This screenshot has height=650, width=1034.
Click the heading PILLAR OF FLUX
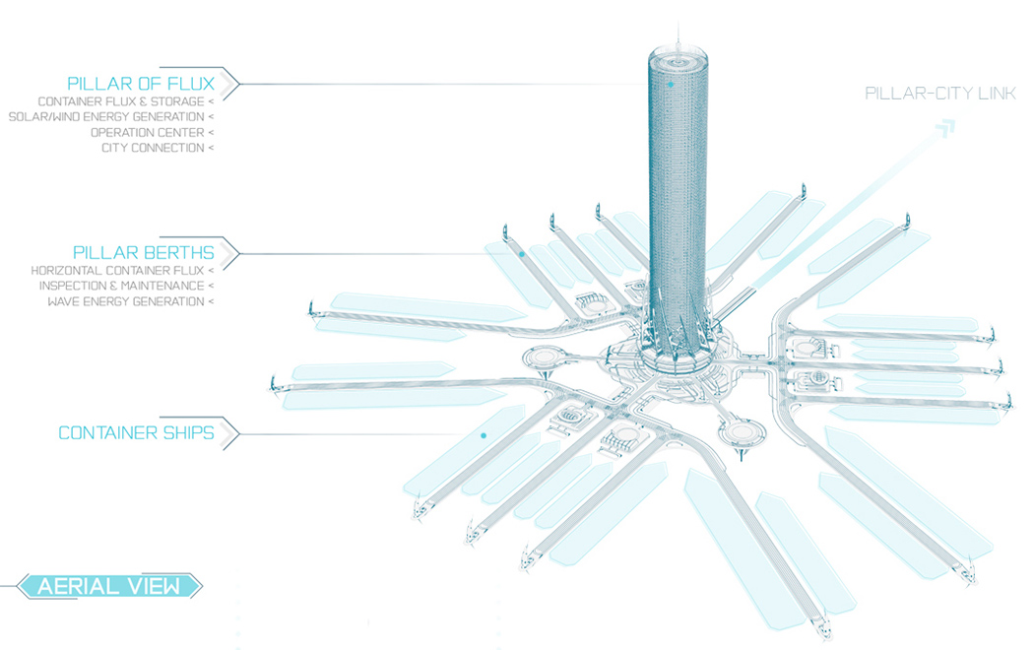140,83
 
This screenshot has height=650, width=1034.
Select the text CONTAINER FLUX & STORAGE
119,101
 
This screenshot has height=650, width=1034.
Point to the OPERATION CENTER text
147,133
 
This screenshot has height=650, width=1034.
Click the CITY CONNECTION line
152,149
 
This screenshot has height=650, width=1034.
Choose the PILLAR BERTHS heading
143,252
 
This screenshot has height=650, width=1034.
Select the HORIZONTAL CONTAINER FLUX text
116,270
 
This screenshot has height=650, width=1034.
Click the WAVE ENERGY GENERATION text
125,301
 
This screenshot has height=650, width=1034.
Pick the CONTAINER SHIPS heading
136,433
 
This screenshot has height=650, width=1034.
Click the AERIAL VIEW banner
108,587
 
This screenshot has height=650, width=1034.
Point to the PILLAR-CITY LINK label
940,94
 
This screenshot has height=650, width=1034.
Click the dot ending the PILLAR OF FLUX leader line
671,85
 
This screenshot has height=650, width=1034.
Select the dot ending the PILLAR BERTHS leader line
522,254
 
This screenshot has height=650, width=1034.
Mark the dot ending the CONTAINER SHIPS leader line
484,434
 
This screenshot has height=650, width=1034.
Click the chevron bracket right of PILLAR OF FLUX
230,83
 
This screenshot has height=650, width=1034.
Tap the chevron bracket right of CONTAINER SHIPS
230,433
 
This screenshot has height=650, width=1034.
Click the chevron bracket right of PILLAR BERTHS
230,253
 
